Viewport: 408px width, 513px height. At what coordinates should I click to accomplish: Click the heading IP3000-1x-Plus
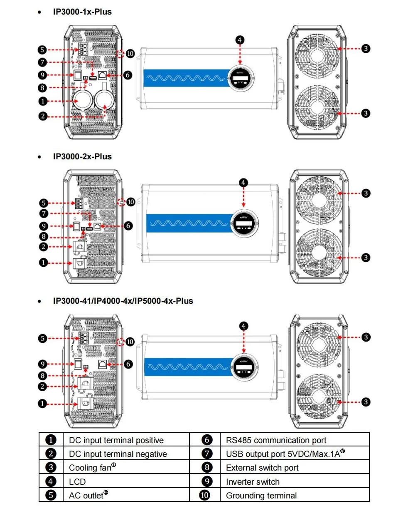coord(82,12)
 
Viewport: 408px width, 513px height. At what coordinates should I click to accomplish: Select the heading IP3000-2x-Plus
coord(82,157)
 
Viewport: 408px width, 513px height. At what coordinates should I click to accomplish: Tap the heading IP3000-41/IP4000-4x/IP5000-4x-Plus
coord(123,301)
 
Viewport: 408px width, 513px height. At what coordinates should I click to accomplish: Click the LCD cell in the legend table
coord(77,482)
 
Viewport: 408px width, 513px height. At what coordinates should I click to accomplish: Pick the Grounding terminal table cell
coord(261,496)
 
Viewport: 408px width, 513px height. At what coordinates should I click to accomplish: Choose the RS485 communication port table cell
coord(276,440)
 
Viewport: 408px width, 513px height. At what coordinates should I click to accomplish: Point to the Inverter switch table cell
coord(253,482)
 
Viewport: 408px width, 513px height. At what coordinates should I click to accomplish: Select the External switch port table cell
coord(262,468)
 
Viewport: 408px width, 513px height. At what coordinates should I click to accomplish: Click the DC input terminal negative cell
coord(118,454)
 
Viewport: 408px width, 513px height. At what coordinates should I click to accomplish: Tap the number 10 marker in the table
coord(205,496)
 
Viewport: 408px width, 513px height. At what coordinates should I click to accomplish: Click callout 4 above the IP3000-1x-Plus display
coord(240,40)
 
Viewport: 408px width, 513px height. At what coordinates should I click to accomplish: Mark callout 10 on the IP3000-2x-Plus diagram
coord(131,202)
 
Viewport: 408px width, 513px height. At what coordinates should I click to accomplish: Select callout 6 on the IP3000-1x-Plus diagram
coord(128,75)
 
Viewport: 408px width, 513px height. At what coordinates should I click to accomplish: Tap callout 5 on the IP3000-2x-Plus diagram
coord(44,203)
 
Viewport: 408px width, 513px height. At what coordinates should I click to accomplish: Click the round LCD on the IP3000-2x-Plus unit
coord(244,223)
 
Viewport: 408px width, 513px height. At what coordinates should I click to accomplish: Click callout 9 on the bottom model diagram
coord(42,364)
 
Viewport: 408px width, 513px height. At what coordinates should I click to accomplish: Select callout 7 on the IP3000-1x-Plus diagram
coord(42,62)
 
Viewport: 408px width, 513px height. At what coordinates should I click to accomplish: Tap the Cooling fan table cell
coord(92,468)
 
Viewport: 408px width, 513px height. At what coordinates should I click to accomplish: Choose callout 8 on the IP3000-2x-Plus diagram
coord(44,237)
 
